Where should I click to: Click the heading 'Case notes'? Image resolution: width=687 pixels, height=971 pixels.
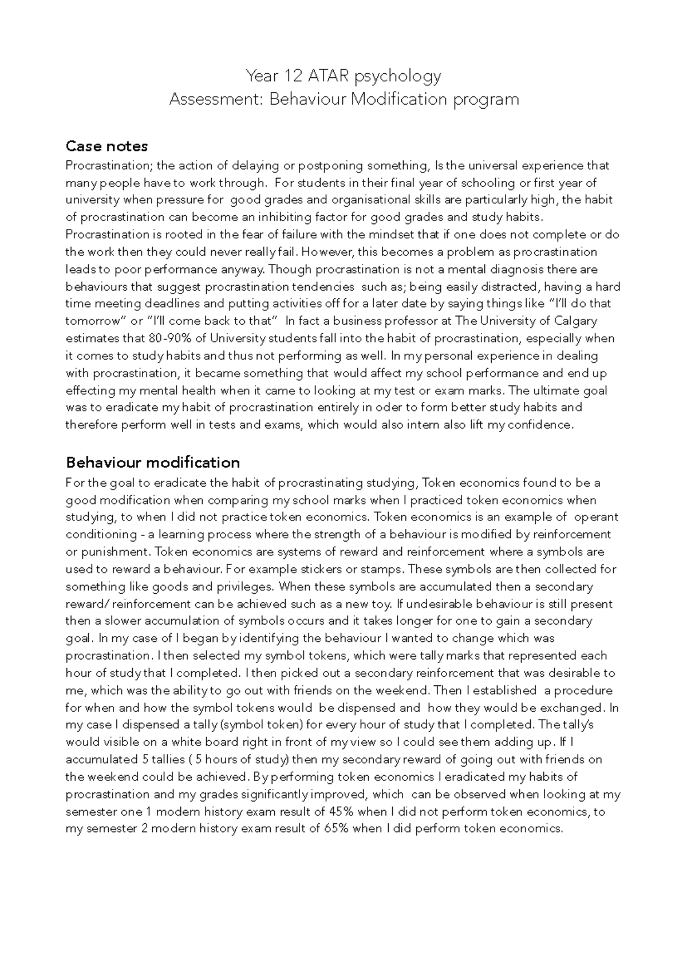point(106,146)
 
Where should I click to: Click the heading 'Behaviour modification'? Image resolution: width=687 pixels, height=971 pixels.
point(152,462)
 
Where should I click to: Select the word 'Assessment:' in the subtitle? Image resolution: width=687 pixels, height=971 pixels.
point(216,100)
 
